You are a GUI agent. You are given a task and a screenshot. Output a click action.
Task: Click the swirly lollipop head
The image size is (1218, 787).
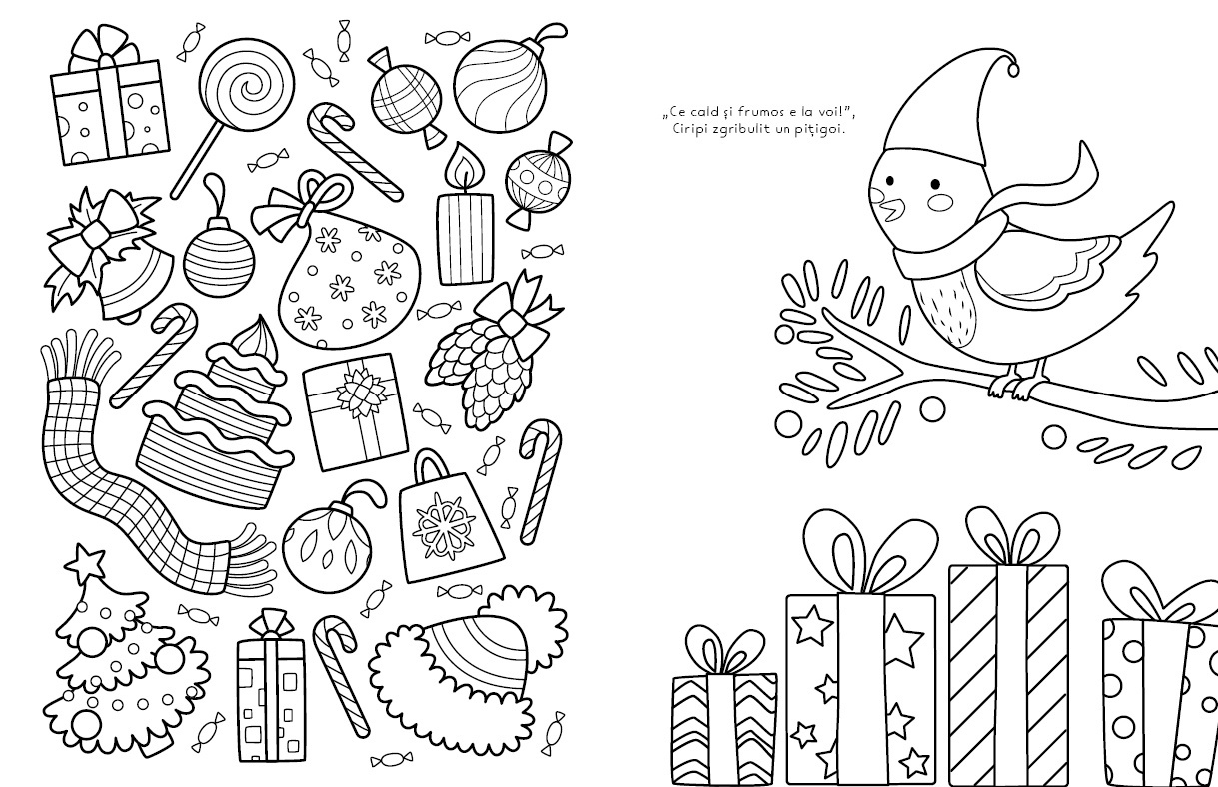tap(246, 84)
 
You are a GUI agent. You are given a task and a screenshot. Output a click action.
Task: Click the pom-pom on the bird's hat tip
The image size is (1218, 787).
tap(1012, 69)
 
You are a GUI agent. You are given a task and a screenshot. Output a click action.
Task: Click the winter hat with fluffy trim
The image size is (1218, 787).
tap(468, 668)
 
